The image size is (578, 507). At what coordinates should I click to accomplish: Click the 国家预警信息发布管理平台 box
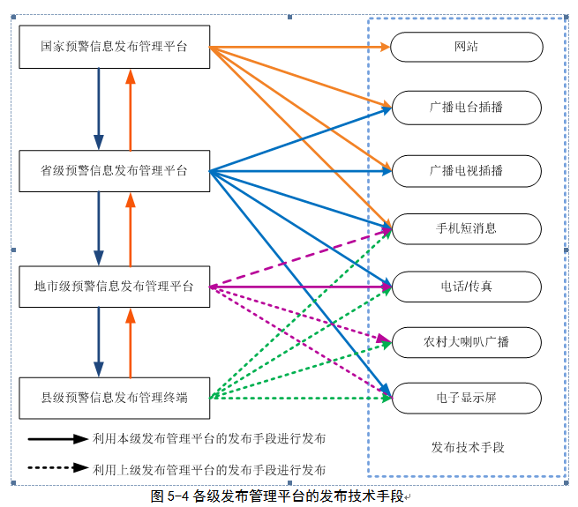(x=115, y=47)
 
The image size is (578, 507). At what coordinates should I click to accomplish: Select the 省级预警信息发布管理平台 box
(x=115, y=171)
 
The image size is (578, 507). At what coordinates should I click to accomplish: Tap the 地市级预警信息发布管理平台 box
(x=115, y=286)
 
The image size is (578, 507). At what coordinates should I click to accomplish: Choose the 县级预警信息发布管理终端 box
(x=115, y=398)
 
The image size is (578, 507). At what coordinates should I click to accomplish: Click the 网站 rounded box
(x=467, y=48)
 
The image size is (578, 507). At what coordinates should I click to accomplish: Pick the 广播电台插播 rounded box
(x=467, y=108)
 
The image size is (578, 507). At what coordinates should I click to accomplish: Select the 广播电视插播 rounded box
(x=467, y=170)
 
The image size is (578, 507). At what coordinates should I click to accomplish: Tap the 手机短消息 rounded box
(x=467, y=228)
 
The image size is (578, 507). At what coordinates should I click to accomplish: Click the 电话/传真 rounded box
(x=467, y=287)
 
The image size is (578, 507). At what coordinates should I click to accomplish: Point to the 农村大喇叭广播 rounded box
(x=467, y=342)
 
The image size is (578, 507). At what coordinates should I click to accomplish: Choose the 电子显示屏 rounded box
(x=467, y=398)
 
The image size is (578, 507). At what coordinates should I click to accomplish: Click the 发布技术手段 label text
(x=468, y=447)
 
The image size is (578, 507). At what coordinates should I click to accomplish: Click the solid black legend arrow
(x=56, y=438)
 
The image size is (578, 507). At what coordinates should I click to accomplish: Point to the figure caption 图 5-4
(x=277, y=496)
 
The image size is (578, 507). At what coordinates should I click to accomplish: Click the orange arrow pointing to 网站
(x=300, y=47)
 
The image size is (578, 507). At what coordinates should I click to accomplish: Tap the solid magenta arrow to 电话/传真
(x=300, y=286)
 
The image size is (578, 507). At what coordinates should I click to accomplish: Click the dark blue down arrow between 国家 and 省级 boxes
(x=99, y=109)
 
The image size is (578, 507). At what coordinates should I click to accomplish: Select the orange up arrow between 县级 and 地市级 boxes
(x=131, y=343)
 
